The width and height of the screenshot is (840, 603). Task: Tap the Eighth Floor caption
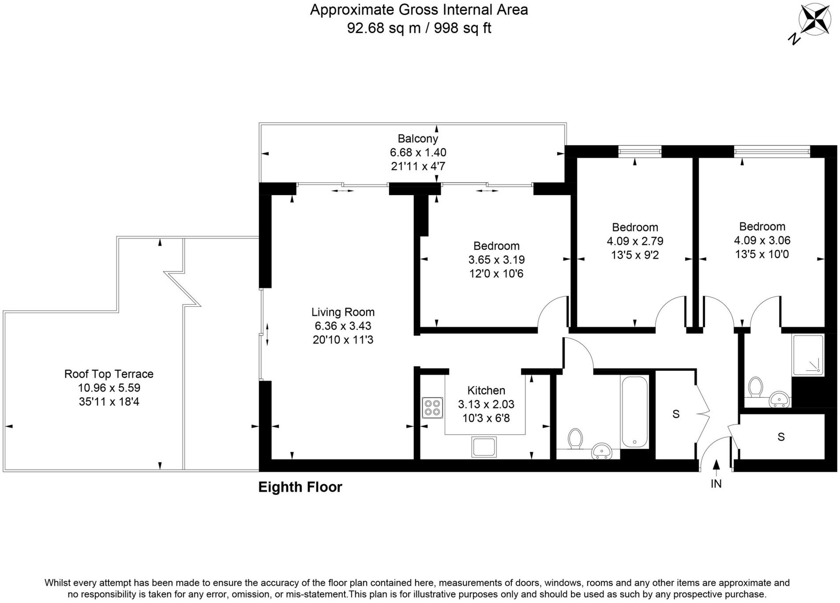coord(300,487)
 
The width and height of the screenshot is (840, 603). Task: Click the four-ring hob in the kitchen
coord(432,408)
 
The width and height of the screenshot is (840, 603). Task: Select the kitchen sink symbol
coord(484,447)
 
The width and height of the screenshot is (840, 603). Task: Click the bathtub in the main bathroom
coord(634,411)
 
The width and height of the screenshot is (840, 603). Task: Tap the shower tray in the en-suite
coord(808,355)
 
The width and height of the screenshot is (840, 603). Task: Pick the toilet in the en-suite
coord(756,387)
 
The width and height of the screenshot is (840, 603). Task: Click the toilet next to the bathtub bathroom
coord(575,439)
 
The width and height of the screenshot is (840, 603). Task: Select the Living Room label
coord(343,312)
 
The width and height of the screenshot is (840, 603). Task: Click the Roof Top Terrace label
coord(109,374)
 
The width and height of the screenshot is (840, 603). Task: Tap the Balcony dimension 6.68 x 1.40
coord(418,153)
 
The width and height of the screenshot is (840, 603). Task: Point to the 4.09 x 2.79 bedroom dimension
coord(635,241)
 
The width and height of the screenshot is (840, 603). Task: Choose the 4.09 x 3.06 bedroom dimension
coord(762,241)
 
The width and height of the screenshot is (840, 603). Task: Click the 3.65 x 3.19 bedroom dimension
coord(496,260)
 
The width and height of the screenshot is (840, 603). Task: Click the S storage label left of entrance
coord(676,414)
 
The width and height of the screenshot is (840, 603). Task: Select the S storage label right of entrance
coord(781,437)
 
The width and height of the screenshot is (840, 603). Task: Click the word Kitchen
coord(486,391)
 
